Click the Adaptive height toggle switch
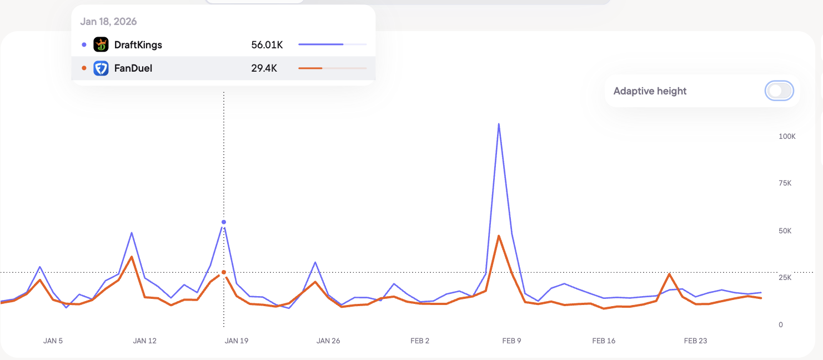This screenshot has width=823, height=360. click(779, 91)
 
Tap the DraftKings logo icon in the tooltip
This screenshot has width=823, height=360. click(101, 44)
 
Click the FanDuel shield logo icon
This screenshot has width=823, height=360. click(101, 68)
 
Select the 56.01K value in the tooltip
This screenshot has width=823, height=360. click(267, 45)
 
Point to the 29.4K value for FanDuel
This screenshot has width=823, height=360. click(264, 68)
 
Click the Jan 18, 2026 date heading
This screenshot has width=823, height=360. click(108, 22)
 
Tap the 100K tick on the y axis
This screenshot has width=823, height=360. click(787, 137)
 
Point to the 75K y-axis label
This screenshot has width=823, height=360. click(785, 183)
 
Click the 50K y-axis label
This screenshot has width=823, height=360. click(785, 231)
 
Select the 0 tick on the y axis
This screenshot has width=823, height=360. click(781, 324)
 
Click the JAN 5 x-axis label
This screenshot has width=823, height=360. click(53, 341)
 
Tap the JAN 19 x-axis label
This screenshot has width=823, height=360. click(236, 341)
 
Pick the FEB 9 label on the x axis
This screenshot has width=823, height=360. click(511, 341)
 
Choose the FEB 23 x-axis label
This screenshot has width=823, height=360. click(695, 341)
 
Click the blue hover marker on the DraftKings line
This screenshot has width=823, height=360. click(224, 222)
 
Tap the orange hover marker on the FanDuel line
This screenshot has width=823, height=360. click(224, 272)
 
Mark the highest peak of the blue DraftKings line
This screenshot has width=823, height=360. click(499, 124)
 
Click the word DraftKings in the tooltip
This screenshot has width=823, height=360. click(138, 45)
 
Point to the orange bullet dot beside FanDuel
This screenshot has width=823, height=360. click(84, 68)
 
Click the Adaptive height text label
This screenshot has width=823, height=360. click(650, 91)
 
